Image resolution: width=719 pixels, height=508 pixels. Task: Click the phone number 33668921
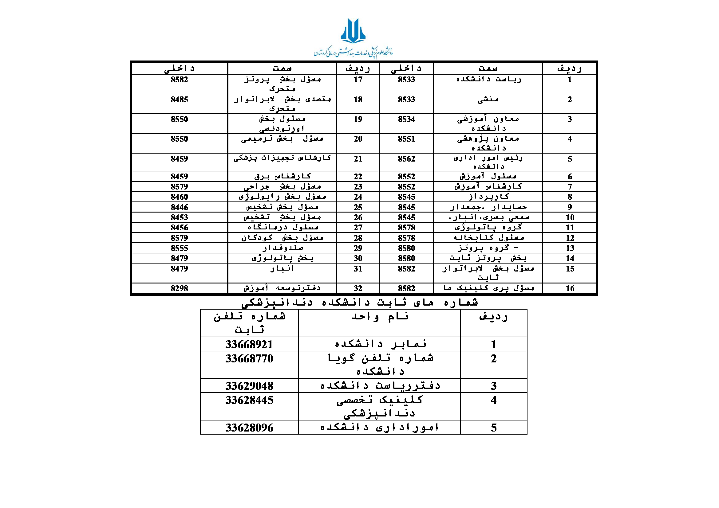249,344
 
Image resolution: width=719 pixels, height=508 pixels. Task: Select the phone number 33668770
249,358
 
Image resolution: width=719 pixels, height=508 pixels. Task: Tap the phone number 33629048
249,386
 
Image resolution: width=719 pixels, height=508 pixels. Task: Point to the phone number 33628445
249,400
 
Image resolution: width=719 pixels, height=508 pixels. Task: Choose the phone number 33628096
249,428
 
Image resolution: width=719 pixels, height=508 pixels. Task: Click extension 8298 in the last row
180,288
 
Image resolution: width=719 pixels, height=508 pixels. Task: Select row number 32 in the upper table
358,288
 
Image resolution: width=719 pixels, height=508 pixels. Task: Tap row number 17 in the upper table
358,80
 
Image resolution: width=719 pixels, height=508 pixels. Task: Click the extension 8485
180,100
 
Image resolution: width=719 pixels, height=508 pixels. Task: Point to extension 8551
406,139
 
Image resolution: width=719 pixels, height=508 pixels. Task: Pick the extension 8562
406,159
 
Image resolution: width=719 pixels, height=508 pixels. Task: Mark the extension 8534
406,119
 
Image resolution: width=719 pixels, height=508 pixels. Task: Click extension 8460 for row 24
180,197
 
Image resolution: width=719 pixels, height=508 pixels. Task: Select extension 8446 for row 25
180,207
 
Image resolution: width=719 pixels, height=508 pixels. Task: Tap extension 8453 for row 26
180,217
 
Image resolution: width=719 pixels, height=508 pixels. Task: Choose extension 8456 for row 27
180,228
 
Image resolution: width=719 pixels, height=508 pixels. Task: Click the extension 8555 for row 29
180,248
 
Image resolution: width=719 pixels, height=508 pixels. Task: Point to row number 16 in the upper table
570,288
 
